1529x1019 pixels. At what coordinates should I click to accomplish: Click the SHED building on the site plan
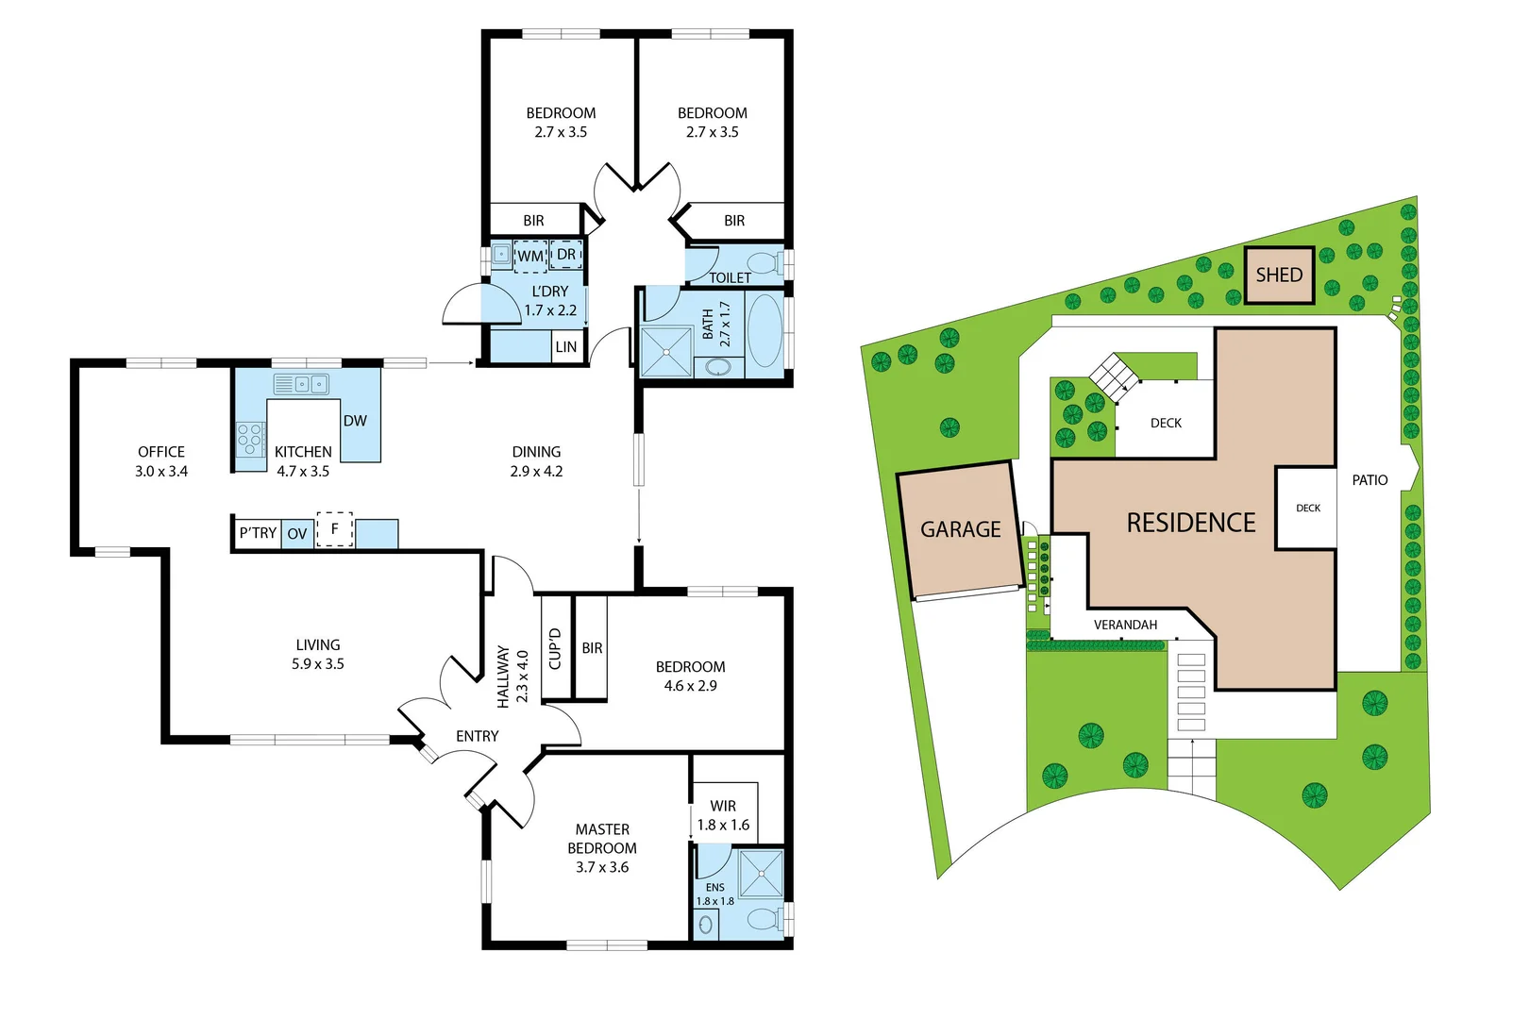click(1279, 276)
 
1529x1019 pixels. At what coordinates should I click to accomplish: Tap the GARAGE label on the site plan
click(960, 529)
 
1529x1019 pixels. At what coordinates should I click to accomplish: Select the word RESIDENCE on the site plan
click(1190, 523)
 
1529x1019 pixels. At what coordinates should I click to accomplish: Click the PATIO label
click(1369, 480)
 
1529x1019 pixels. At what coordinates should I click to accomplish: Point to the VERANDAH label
click(1125, 625)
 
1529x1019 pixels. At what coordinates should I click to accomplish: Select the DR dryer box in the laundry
click(566, 255)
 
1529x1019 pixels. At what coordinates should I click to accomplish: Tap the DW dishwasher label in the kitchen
click(355, 421)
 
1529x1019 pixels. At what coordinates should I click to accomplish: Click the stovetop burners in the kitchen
click(250, 440)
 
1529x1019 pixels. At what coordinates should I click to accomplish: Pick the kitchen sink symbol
click(302, 384)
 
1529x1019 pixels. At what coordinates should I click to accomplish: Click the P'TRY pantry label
click(258, 533)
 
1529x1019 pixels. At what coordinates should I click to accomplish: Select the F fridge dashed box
click(334, 529)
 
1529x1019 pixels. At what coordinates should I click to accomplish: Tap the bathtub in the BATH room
click(764, 331)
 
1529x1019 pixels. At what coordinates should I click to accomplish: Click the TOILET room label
click(730, 277)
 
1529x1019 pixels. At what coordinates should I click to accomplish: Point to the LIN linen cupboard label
click(565, 347)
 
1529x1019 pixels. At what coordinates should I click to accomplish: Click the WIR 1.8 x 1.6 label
click(723, 815)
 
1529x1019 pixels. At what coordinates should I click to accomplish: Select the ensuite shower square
click(761, 874)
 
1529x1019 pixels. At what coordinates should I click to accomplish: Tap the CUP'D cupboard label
click(555, 648)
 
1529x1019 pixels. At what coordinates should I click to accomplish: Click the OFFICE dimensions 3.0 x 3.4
click(161, 472)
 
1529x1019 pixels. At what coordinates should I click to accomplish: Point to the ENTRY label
click(477, 736)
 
